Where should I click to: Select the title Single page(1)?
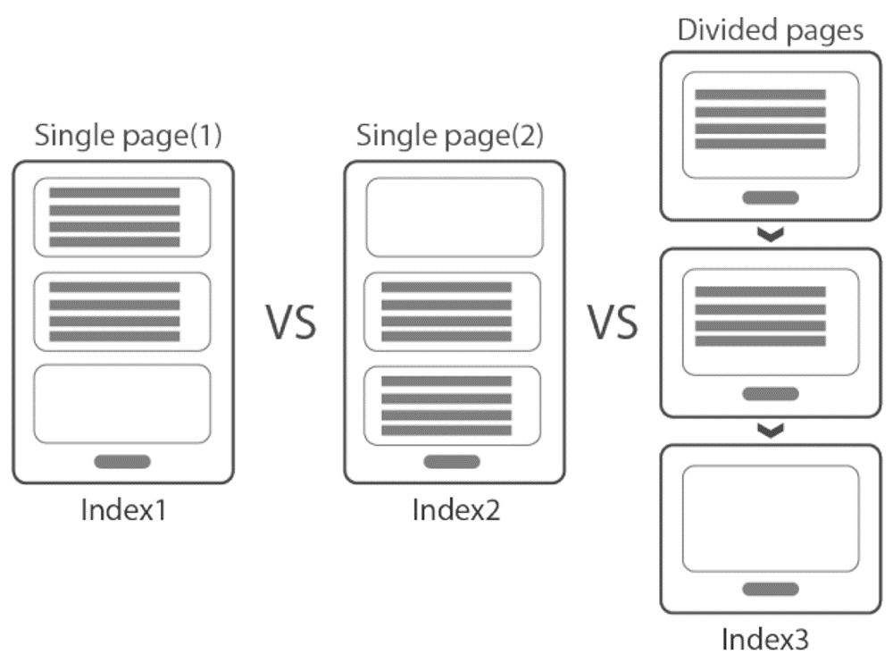tap(128, 137)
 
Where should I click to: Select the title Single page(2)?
tap(449, 137)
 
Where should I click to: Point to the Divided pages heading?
tap(770, 29)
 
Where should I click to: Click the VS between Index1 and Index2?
tap(291, 323)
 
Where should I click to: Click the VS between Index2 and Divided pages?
tap(613, 323)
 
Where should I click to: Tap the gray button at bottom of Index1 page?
tap(122, 462)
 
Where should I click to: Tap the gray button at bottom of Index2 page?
tap(452, 462)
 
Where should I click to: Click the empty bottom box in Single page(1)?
tap(122, 404)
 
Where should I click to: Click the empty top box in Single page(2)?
tap(455, 217)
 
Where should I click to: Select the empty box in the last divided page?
tap(770, 519)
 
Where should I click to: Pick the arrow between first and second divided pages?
tap(770, 234)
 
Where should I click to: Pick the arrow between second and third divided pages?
tap(770, 431)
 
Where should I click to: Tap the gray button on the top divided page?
tap(770, 197)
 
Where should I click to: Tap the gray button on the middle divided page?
tap(770, 394)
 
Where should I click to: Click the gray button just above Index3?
tap(770, 589)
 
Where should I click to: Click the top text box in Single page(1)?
tap(122, 217)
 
